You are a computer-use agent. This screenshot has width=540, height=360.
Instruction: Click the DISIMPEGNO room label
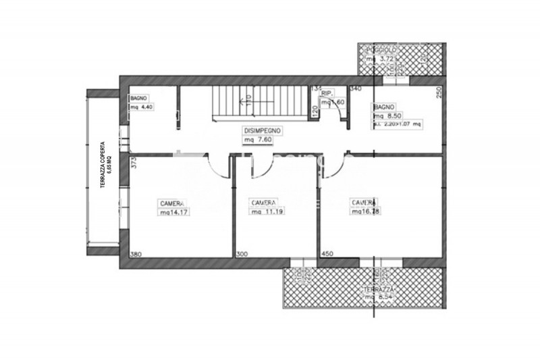coord(263,130)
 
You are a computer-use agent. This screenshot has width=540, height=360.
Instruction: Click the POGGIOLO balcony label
coord(382,51)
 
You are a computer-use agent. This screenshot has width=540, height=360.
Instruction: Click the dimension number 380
coord(136,254)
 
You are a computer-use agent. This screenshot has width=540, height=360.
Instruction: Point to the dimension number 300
coord(242,254)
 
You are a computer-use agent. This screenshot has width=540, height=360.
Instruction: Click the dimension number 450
coord(327,254)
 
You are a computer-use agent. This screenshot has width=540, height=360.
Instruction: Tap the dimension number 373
coord(134,163)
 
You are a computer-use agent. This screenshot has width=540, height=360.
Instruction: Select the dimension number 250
coord(439,93)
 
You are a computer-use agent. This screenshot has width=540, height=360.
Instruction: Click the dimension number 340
coord(356,88)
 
